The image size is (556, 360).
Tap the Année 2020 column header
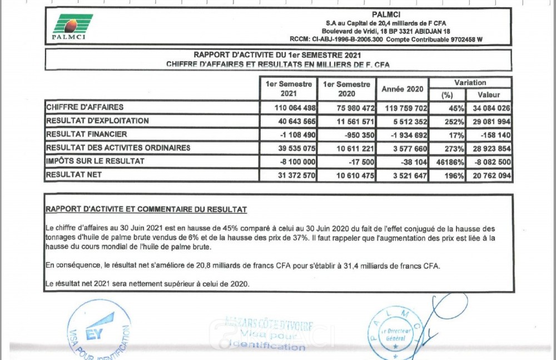tap(403, 89)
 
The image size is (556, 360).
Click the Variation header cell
tap(470, 83)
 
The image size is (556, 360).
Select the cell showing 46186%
tap(448, 162)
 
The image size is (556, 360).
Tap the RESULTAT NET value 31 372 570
tap(295, 176)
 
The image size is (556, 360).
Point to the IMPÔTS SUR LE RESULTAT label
tap(95, 161)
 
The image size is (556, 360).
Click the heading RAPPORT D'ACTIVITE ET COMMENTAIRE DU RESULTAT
tap(146, 209)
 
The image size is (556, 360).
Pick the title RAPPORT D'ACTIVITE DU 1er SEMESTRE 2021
tap(277, 55)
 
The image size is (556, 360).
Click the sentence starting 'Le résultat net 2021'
tap(147, 284)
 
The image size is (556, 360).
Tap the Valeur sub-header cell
tap(488, 95)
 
